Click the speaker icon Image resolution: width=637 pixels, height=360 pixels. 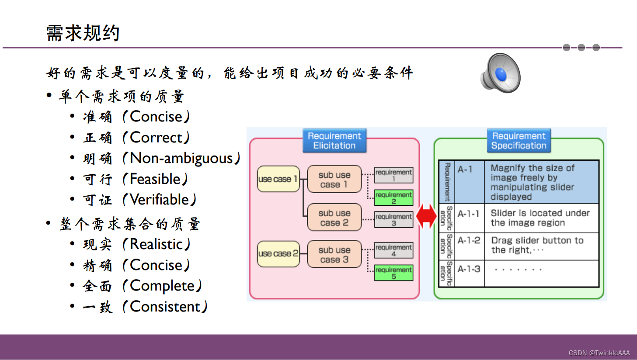pyautogui.click(x=501, y=73)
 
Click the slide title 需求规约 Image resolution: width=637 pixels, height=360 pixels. pyautogui.click(x=83, y=33)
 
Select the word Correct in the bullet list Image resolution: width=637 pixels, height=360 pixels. pyautogui.click(x=156, y=138)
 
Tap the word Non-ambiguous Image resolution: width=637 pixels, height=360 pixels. pyautogui.click(x=181, y=158)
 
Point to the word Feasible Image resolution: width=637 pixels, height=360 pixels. pyautogui.click(x=155, y=179)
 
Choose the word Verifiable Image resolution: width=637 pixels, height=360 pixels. pyautogui.click(x=160, y=200)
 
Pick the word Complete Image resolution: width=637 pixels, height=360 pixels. pyautogui.click(x=162, y=286)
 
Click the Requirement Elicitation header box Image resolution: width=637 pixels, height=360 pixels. pyautogui.click(x=334, y=141)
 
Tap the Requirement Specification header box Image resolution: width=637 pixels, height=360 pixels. pyautogui.click(x=519, y=141)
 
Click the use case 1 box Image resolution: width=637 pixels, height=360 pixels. pyautogui.click(x=278, y=179)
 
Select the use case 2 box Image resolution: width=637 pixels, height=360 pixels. pyautogui.click(x=278, y=253)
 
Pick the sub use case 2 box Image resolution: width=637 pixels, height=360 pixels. pyautogui.click(x=334, y=218)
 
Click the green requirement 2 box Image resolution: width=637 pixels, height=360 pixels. pyautogui.click(x=393, y=198)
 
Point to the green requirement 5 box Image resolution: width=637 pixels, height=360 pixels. pyautogui.click(x=393, y=273)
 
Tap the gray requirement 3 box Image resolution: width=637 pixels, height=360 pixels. pyautogui.click(x=393, y=220)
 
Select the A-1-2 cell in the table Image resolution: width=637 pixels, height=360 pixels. pyautogui.click(x=469, y=241)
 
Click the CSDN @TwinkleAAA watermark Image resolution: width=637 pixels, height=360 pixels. pyautogui.click(x=599, y=353)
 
